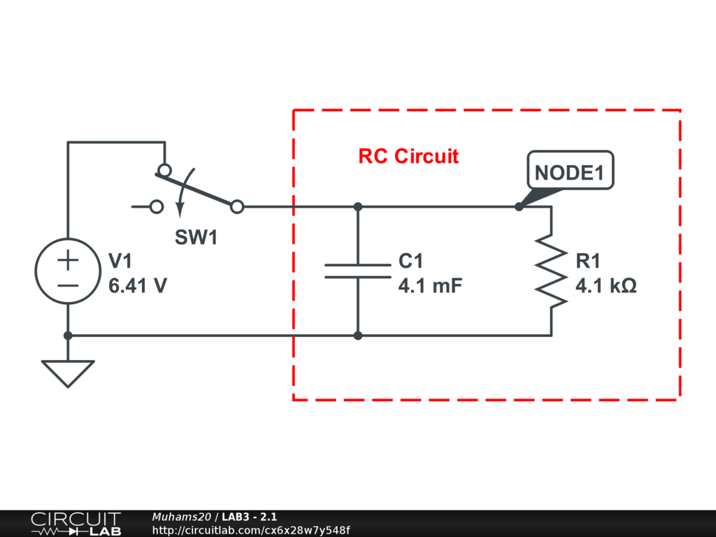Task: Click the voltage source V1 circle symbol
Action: pyautogui.click(x=68, y=271)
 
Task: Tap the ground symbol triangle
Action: pyautogui.click(x=68, y=372)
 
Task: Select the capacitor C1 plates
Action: pyautogui.click(x=357, y=271)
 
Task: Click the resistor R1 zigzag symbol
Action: pyautogui.click(x=552, y=271)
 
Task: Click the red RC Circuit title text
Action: pyautogui.click(x=408, y=156)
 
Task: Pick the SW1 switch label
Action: pyautogui.click(x=196, y=238)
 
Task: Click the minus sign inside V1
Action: pyautogui.click(x=68, y=285)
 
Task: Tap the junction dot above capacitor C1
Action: pyautogui.click(x=358, y=207)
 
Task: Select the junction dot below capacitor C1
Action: pyautogui.click(x=358, y=336)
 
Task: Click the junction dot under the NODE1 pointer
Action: pyautogui.click(x=519, y=207)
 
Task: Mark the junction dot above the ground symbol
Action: pyautogui.click(x=68, y=336)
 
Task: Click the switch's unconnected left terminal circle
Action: pyautogui.click(x=157, y=207)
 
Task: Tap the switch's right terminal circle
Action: pyautogui.click(x=237, y=207)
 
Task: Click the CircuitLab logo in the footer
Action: pyautogui.click(x=76, y=523)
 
